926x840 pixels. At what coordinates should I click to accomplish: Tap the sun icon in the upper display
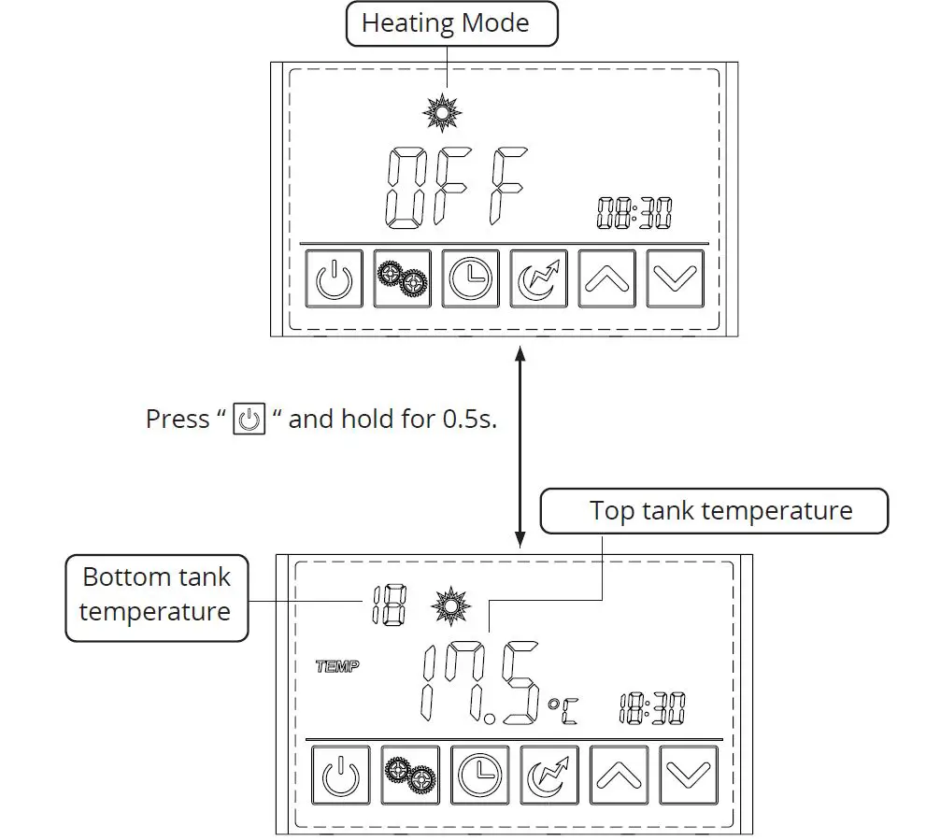pyautogui.click(x=442, y=112)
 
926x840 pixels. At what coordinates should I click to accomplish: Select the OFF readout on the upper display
pyautogui.click(x=457, y=188)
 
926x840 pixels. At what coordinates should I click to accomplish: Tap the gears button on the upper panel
pyautogui.click(x=402, y=278)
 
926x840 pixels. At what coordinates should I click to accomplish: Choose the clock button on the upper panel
pyautogui.click(x=470, y=278)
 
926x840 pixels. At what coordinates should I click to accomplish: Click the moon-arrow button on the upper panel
pyautogui.click(x=538, y=278)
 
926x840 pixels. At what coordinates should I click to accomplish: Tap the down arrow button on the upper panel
pyautogui.click(x=675, y=278)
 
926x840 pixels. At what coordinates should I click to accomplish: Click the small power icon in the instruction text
pyautogui.click(x=248, y=419)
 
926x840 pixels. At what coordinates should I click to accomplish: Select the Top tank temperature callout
pyautogui.click(x=719, y=511)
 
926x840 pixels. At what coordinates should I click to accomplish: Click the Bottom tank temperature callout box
pyautogui.click(x=156, y=594)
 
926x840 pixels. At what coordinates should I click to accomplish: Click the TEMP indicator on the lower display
pyautogui.click(x=337, y=666)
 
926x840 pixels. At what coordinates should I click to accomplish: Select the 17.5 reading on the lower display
pyautogui.click(x=479, y=685)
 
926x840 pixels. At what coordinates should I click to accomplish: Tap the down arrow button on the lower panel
pyautogui.click(x=689, y=775)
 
